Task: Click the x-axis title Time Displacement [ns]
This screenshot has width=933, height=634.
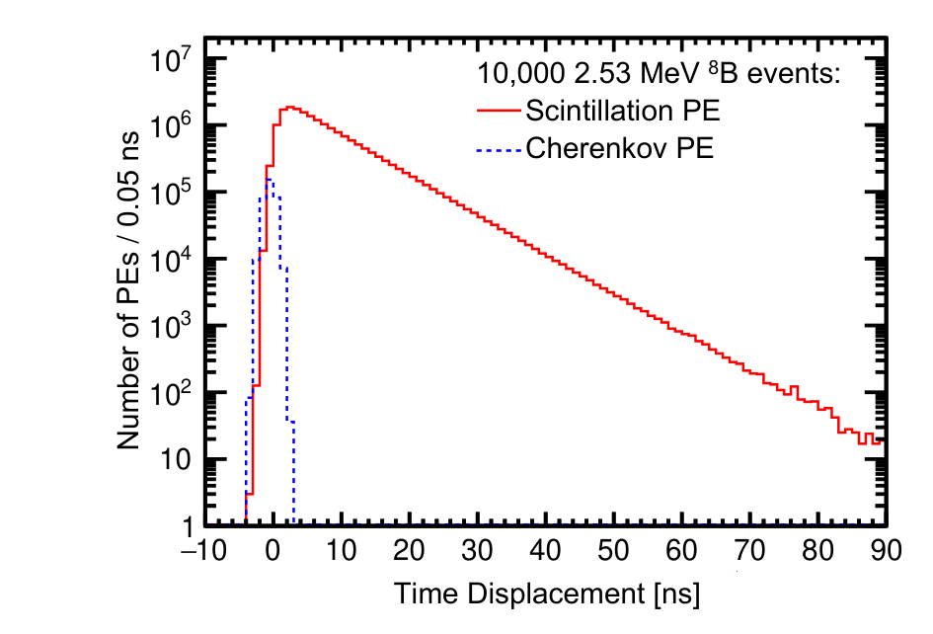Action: tap(547, 594)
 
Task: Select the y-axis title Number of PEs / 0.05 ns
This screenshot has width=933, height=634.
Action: tap(128, 290)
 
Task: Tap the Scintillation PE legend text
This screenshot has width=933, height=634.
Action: tap(622, 111)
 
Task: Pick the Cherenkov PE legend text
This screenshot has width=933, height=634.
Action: tap(619, 147)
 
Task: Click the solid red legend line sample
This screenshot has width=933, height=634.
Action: tap(499, 111)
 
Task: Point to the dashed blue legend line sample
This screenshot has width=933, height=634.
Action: tap(499, 148)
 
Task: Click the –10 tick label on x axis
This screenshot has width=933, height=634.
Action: tap(204, 550)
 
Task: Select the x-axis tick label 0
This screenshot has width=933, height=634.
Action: tap(272, 550)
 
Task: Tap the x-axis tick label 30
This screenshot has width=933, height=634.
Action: tap(477, 550)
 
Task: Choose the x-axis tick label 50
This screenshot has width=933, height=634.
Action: tap(613, 550)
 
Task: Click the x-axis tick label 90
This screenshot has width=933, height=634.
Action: tap(886, 550)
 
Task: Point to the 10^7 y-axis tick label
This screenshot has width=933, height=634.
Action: tap(171, 58)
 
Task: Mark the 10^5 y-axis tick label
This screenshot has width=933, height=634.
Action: tap(171, 192)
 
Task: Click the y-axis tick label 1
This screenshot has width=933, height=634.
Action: tap(187, 526)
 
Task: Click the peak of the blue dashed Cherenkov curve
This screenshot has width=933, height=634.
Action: tap(269, 179)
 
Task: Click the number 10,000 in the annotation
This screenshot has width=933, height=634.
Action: tap(520, 74)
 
